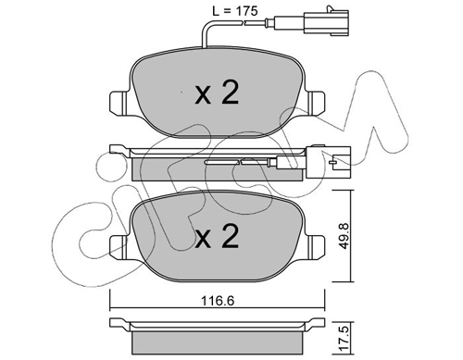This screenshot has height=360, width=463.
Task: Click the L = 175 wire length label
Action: point(235,11)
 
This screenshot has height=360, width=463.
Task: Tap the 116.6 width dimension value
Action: point(218,300)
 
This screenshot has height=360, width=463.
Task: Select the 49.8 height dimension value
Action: point(344,236)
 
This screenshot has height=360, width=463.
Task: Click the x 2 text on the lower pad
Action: point(217,236)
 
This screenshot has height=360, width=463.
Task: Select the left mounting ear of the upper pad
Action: point(119,103)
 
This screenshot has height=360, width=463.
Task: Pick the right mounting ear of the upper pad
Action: point(315,103)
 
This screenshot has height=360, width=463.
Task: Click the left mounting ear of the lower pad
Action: point(119,247)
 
